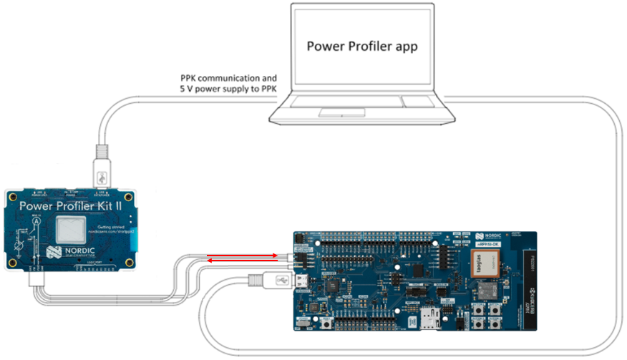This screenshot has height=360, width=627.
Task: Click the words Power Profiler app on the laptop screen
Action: click(x=361, y=47)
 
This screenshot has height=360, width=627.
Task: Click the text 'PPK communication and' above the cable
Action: click(x=228, y=77)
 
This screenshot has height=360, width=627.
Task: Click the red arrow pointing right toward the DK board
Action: click(x=243, y=255)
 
